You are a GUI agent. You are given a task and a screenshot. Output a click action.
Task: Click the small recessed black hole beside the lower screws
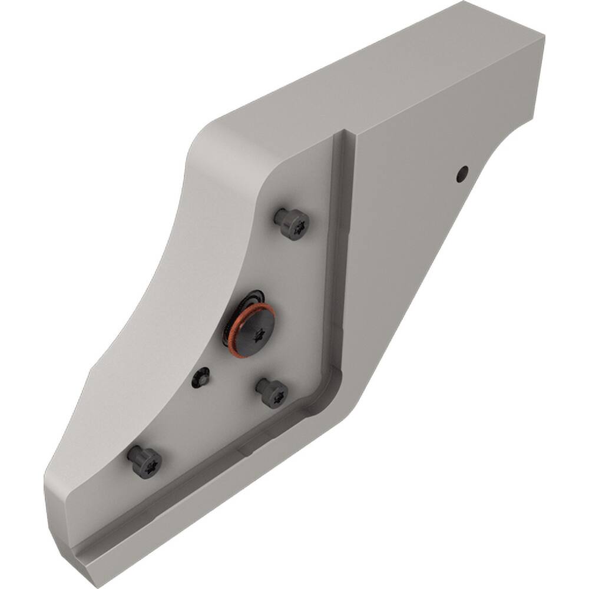200,378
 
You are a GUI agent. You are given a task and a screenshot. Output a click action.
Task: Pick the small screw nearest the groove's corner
272,392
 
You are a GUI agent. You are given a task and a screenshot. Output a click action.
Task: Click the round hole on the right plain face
463,173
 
